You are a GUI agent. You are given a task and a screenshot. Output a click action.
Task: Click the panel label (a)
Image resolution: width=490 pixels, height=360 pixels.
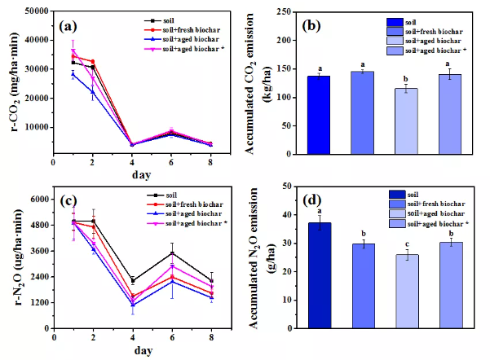pos(68,26)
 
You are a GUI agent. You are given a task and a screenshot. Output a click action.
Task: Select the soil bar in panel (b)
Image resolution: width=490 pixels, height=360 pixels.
pos(319,115)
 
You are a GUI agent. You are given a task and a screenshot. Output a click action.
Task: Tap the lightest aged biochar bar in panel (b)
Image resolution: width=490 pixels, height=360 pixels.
pos(406,121)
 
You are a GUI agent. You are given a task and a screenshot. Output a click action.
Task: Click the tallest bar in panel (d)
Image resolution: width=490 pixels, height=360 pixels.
pos(320,275)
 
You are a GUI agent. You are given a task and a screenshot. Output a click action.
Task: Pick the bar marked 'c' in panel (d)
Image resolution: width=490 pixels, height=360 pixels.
pos(407,292)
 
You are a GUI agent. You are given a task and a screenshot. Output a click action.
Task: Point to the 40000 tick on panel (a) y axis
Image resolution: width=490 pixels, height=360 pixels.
pos(38,40)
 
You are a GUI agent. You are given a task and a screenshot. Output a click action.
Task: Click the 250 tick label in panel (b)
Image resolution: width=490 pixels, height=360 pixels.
pos(284,12)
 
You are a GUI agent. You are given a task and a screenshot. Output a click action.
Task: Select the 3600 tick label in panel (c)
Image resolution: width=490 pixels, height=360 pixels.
pos(40,251)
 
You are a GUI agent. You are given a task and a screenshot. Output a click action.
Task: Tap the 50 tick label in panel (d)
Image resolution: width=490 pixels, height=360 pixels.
pos(286,187)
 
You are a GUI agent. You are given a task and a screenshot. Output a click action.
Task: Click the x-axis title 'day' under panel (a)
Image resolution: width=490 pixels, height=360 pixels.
pos(142,175)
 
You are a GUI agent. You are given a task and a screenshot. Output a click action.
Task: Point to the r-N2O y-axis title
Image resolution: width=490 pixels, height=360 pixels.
pos(19,257)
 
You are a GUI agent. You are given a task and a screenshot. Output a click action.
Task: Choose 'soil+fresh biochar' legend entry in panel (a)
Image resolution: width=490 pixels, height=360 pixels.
pos(182,30)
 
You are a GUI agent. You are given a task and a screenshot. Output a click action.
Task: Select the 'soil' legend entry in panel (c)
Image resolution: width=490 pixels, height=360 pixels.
pos(162,195)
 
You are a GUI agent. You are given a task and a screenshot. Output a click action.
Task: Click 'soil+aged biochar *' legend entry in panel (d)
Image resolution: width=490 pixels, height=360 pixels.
pos(429,223)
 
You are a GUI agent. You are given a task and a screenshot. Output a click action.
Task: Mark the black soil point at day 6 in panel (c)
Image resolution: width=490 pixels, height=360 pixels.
pos(172,253)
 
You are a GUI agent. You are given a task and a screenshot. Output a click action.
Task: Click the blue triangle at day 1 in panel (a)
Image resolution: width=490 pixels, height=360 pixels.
pos(73,74)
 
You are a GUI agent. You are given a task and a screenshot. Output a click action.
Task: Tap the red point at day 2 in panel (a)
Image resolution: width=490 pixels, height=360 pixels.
pos(92,62)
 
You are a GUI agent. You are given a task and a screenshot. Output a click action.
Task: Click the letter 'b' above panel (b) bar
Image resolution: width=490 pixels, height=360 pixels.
pos(406,79)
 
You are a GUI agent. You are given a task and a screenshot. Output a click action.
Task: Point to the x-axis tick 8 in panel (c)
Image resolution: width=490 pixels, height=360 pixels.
pos(211,337)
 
